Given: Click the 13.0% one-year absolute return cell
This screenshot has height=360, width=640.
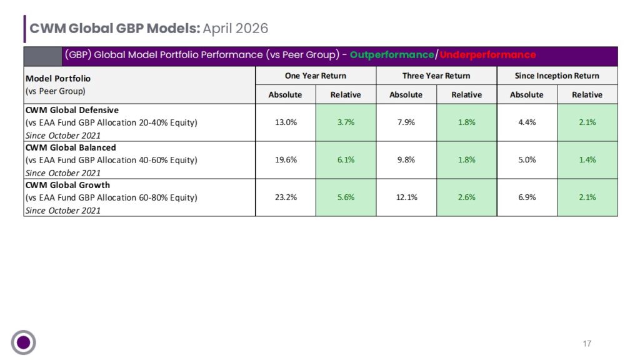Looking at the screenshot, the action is (x=286, y=122).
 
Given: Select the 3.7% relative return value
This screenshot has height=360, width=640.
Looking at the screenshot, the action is (x=346, y=122).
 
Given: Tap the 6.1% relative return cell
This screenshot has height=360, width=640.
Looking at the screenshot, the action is (x=346, y=159).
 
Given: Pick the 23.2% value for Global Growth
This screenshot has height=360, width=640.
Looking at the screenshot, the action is (x=286, y=197).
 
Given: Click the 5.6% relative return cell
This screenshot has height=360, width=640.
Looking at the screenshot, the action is (x=346, y=197).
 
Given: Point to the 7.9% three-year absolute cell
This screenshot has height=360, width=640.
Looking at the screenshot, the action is (x=406, y=122).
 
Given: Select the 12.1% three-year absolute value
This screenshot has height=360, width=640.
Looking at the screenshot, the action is (x=406, y=197).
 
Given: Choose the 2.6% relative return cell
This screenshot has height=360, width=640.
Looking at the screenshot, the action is (x=466, y=197).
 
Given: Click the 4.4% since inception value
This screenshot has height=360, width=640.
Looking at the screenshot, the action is (x=527, y=122).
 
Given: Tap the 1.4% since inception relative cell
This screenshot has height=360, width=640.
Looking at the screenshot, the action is (x=587, y=159).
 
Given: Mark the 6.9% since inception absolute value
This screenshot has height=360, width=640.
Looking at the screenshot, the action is (x=527, y=197).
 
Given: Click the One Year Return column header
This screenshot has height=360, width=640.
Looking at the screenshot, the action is (x=316, y=76).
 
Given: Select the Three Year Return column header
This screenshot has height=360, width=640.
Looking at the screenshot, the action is (x=436, y=76).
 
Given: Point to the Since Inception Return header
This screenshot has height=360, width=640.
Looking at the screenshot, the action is (x=557, y=76).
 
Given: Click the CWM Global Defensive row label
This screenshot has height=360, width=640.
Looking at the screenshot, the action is (x=72, y=110).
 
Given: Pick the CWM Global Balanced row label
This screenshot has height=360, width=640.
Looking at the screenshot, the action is (x=71, y=147).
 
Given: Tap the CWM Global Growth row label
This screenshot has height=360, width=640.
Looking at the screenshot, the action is (x=67, y=185).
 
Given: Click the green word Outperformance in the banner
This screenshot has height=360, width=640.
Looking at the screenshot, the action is (x=392, y=55).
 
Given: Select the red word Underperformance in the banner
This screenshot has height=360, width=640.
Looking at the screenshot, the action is (x=487, y=55).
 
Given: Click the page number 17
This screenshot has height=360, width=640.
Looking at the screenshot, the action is (x=587, y=344).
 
